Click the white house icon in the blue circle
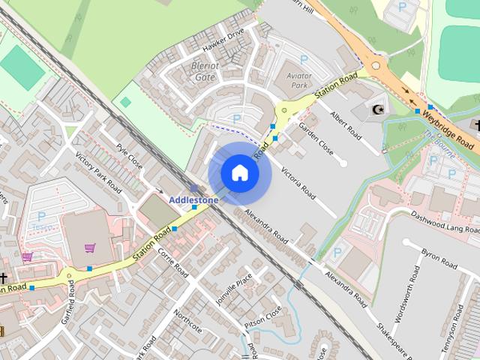pyautogui.click(x=239, y=173)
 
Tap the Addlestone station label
pyautogui.click(x=193, y=200)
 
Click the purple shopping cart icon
pyautogui.click(x=91, y=248)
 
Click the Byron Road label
pyautogui.click(x=439, y=259)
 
